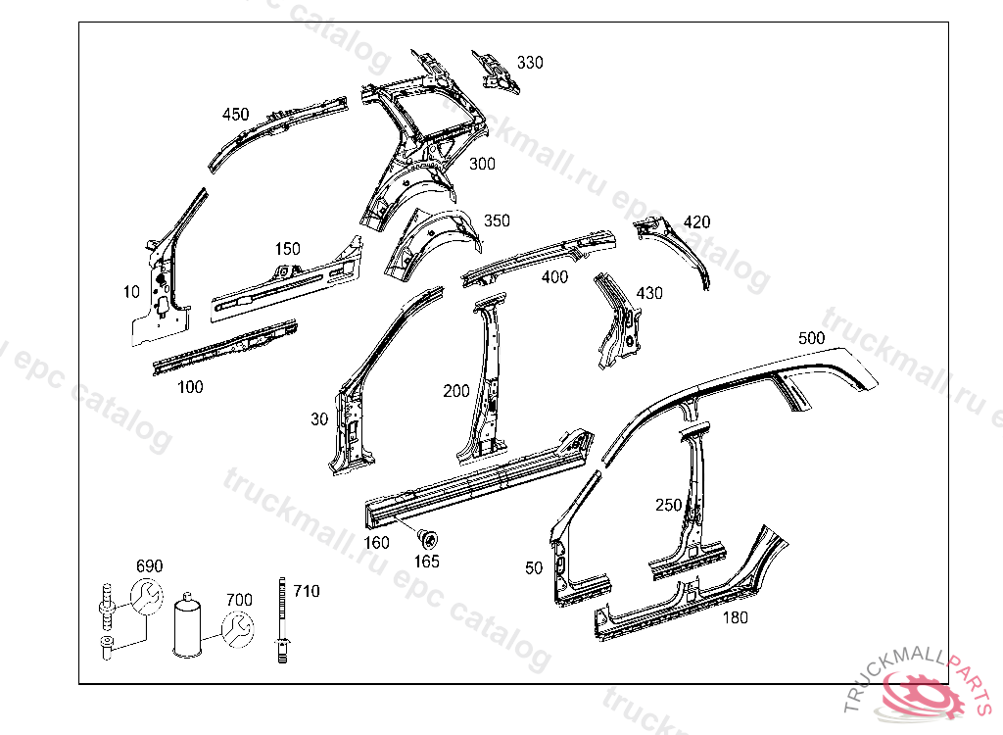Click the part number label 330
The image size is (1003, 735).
coord(530,63)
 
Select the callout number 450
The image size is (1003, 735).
coord(236,114)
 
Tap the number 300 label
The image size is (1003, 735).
coord(482,164)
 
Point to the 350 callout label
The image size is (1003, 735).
coord(497,220)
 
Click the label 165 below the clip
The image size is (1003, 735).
coord(427,562)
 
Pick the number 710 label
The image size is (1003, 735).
coord(307,591)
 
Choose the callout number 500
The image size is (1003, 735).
coord(811,337)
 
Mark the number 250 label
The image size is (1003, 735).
coord(668,505)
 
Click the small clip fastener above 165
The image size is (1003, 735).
coord(428,537)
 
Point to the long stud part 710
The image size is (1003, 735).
coord(283,617)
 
